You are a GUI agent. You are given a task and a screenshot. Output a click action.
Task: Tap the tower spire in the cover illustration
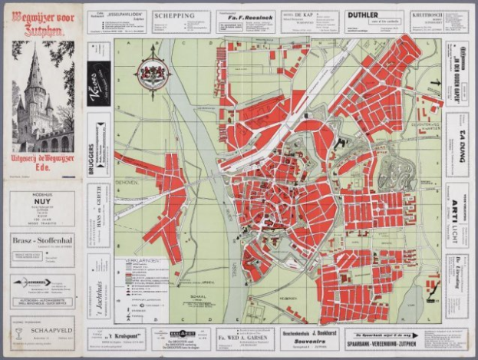coord(35,65)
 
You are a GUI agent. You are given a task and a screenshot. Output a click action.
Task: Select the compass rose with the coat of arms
coord(152,75)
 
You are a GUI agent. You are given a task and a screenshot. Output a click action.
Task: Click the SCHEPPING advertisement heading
coord(174,15)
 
